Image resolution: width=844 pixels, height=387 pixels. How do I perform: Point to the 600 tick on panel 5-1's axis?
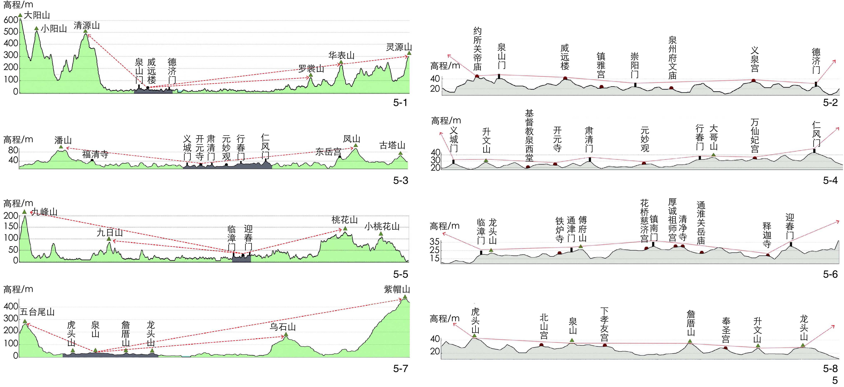pos(11,20)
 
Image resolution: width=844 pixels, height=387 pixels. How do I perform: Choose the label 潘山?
pos(63,140)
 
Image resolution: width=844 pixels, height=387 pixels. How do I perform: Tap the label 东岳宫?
pos(328,152)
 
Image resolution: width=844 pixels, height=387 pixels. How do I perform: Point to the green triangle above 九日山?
pos(109,239)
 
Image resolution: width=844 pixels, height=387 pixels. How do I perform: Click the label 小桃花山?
pos(382,226)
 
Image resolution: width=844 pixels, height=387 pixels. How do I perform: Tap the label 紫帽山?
pos(397,289)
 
